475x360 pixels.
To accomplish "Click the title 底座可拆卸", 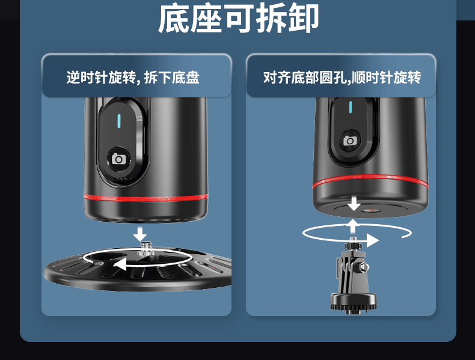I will point(238,20).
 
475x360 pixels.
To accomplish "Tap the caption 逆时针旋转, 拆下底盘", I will point(133,78).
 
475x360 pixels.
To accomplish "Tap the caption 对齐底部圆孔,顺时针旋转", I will point(342,78).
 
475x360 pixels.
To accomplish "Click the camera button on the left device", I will point(119,159).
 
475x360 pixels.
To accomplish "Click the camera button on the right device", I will point(350,141).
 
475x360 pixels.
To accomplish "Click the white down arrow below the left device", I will point(140,233).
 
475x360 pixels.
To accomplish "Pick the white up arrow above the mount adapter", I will point(354,226).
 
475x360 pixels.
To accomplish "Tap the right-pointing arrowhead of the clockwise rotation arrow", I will point(373,240).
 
